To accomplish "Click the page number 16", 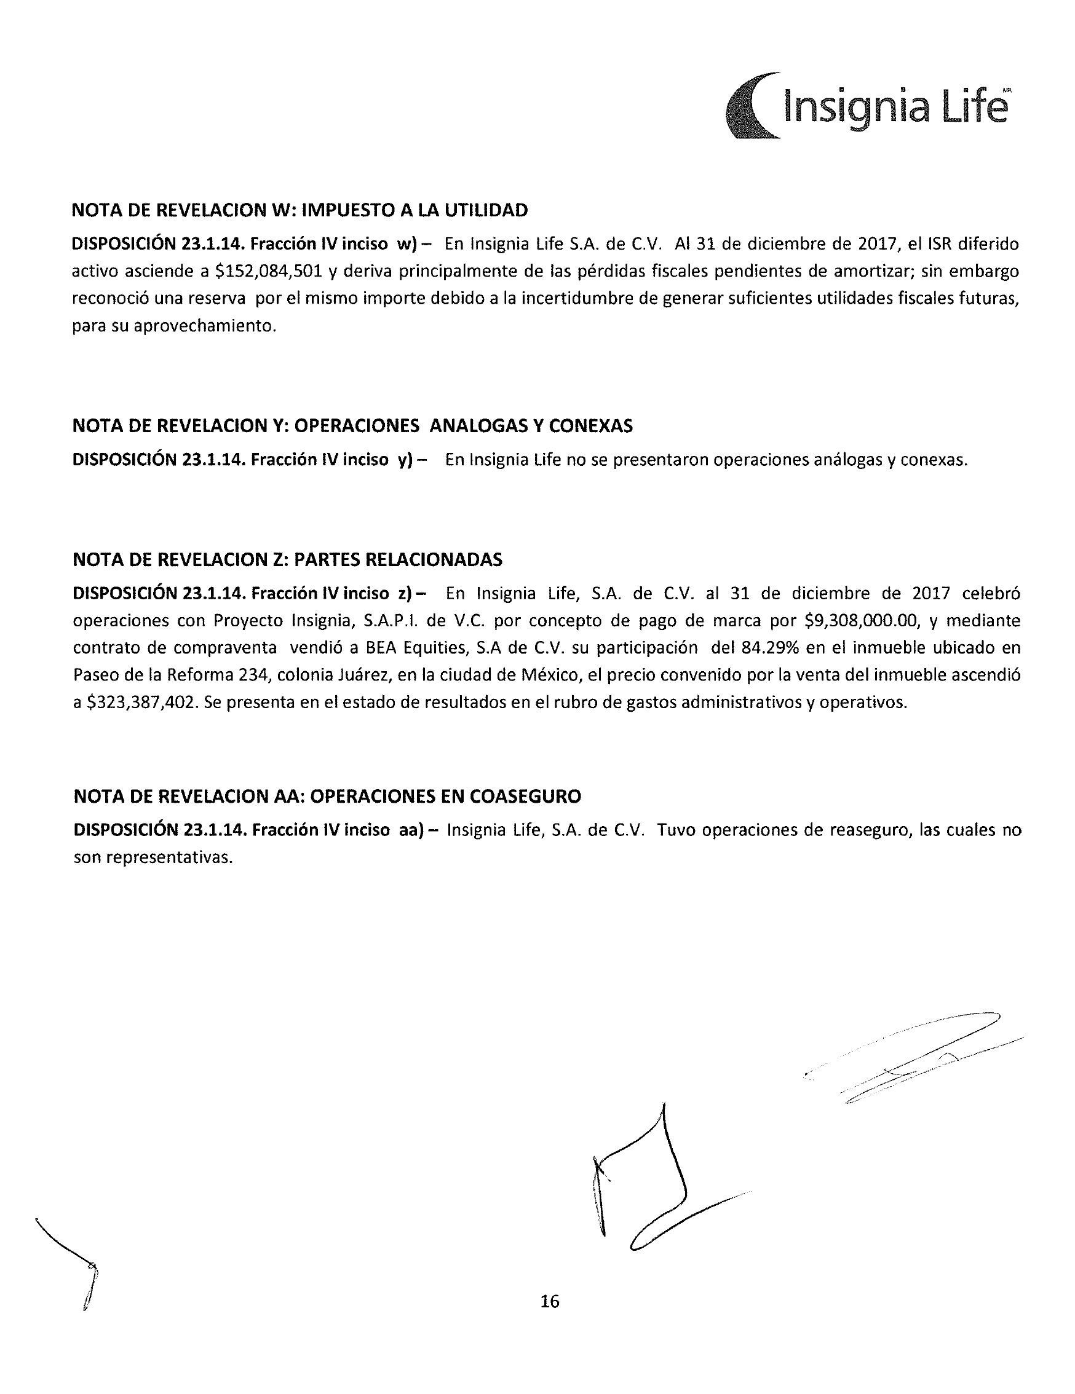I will pyautogui.click(x=549, y=1301).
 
